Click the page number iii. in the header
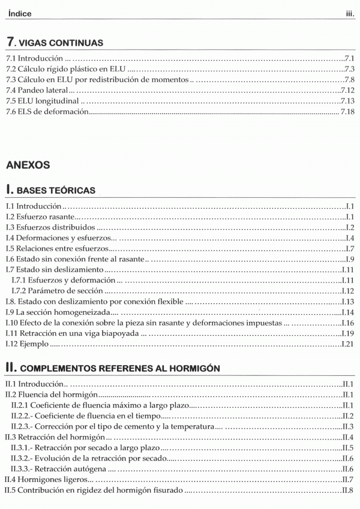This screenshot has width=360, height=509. click(x=349, y=13)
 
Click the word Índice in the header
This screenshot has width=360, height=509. click(x=20, y=13)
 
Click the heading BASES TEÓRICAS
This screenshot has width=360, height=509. click(x=55, y=191)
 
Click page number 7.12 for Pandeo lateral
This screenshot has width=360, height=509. click(x=347, y=90)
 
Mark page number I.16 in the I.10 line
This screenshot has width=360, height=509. click(x=349, y=323)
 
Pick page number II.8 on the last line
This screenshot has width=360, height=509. click(x=349, y=491)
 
